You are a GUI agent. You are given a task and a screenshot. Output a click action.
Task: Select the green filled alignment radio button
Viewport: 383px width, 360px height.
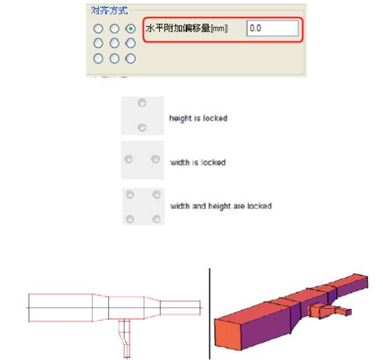pos(131,28)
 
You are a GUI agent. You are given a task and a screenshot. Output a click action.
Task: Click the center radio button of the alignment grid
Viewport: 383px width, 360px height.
pos(114,43)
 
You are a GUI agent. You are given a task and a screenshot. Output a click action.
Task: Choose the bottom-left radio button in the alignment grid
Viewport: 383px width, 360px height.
pos(99,59)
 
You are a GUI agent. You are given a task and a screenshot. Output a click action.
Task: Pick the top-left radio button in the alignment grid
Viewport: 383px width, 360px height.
pos(99,28)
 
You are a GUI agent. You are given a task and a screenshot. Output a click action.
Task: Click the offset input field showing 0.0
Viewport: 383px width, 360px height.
pos(272,28)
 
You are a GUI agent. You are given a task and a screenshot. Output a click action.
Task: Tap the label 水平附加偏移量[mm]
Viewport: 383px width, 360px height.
pos(187,28)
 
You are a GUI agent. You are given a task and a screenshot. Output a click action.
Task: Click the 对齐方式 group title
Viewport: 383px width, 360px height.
pos(110,10)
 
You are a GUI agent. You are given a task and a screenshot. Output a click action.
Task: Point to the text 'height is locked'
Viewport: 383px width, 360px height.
pos(198,119)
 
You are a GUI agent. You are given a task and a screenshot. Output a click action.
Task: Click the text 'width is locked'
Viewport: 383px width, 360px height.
pos(198,162)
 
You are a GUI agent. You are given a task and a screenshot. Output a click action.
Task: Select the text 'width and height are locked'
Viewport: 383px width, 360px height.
pos(221,206)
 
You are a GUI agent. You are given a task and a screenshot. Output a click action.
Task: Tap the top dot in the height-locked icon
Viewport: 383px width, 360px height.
pos(142,103)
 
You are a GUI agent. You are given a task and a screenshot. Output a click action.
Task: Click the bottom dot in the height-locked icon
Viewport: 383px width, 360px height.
pos(142,127)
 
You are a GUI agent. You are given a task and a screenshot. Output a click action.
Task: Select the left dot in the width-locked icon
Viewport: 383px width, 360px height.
pos(129,159)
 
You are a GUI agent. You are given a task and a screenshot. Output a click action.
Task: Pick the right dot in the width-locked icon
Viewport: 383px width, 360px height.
pos(156,159)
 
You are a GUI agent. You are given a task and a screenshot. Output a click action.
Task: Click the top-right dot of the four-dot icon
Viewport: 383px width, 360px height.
pos(156,194)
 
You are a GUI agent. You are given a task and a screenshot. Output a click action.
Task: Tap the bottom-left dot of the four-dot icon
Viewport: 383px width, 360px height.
pos(130,219)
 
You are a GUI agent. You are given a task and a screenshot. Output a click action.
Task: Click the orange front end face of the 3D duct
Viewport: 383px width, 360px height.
pos(227,334)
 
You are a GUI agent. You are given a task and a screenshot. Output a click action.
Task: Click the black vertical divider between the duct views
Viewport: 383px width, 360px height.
pos(209,314)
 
